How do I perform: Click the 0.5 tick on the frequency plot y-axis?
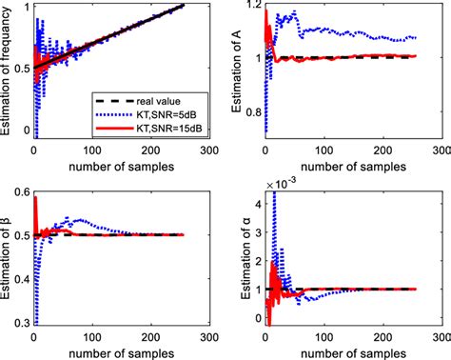[20, 69]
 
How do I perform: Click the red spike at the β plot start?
[35, 202]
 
